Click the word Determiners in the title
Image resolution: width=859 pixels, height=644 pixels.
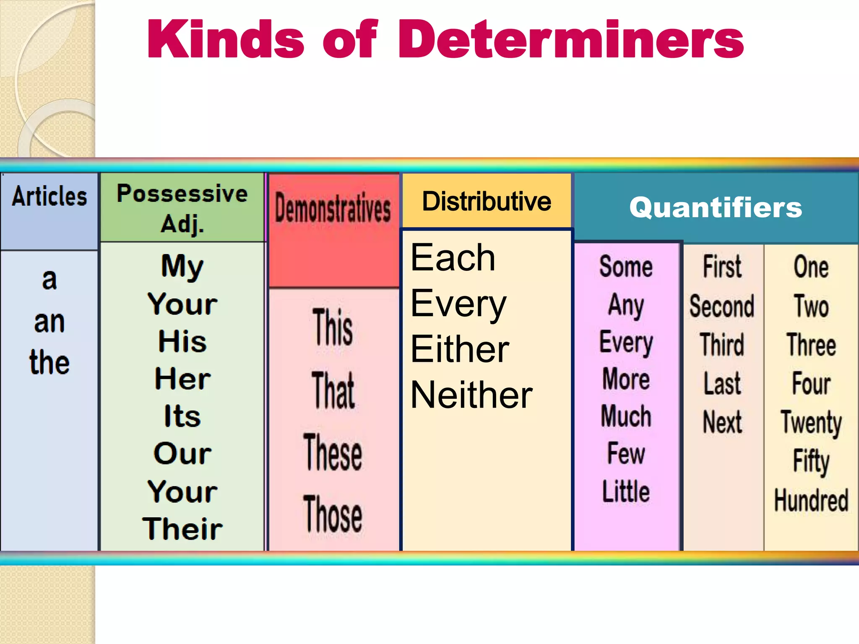click(x=570, y=40)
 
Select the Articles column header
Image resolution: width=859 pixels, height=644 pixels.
click(x=49, y=196)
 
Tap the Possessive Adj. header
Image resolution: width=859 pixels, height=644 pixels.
click(x=182, y=208)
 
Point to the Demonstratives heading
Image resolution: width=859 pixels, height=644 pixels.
click(x=333, y=208)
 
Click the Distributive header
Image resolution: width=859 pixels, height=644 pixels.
click(x=487, y=201)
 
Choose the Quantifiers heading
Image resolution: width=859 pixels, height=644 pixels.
click(x=716, y=208)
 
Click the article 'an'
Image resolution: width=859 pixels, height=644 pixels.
click(x=49, y=322)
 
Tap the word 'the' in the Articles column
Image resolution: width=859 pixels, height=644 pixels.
click(x=49, y=363)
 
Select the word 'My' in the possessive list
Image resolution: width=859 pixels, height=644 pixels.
click(x=182, y=266)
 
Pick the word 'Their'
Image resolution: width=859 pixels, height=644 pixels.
click(x=182, y=528)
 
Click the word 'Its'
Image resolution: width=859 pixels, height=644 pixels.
click(x=182, y=416)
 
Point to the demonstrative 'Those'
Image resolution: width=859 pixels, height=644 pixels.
click(x=333, y=514)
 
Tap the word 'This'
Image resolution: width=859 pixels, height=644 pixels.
click(x=333, y=327)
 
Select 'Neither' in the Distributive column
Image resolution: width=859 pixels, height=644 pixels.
click(x=471, y=395)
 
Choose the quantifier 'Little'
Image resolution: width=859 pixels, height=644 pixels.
click(x=626, y=491)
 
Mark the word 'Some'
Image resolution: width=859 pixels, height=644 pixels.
click(x=626, y=267)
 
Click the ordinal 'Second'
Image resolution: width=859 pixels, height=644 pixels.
click(x=722, y=306)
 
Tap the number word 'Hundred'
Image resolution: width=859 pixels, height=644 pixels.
click(x=811, y=500)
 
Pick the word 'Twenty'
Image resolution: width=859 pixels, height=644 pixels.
click(x=811, y=423)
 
